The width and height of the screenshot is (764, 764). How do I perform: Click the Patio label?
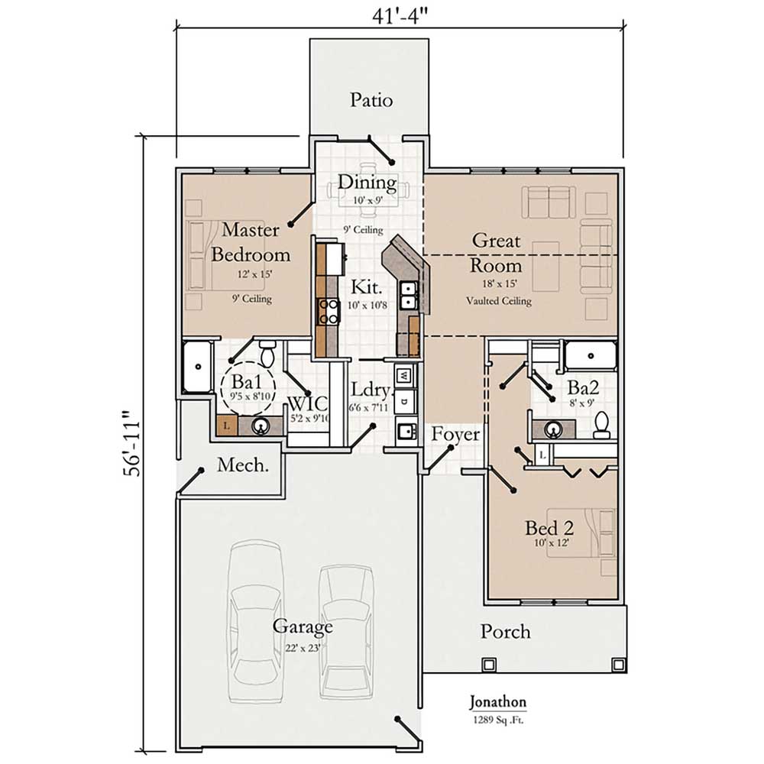point(371,100)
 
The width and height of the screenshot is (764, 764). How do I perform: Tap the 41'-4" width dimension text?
point(400,15)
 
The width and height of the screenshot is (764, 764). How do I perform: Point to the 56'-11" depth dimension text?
point(131,443)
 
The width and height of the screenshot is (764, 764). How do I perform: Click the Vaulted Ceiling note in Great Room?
point(498,301)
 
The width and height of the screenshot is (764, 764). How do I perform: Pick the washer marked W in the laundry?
point(404,376)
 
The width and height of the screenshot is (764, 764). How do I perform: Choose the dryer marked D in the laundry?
point(404,402)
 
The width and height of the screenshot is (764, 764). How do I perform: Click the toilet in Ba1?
point(267,353)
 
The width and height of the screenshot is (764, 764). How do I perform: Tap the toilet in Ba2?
point(602,425)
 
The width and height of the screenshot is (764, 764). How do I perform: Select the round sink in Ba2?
point(553,429)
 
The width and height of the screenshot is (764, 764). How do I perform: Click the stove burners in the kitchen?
point(328,312)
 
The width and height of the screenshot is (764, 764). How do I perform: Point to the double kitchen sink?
point(408,296)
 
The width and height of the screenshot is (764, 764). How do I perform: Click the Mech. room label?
point(243,465)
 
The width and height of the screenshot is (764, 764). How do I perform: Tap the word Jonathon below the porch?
point(497,702)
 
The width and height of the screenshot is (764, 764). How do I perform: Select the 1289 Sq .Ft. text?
point(498,720)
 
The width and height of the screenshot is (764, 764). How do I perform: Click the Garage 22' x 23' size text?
point(303,648)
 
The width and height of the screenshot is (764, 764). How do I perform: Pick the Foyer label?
point(455,434)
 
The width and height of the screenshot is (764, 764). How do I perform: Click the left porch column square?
point(487,665)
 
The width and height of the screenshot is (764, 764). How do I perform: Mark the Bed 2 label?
point(549,528)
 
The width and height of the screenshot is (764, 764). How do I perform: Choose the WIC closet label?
point(307,403)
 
